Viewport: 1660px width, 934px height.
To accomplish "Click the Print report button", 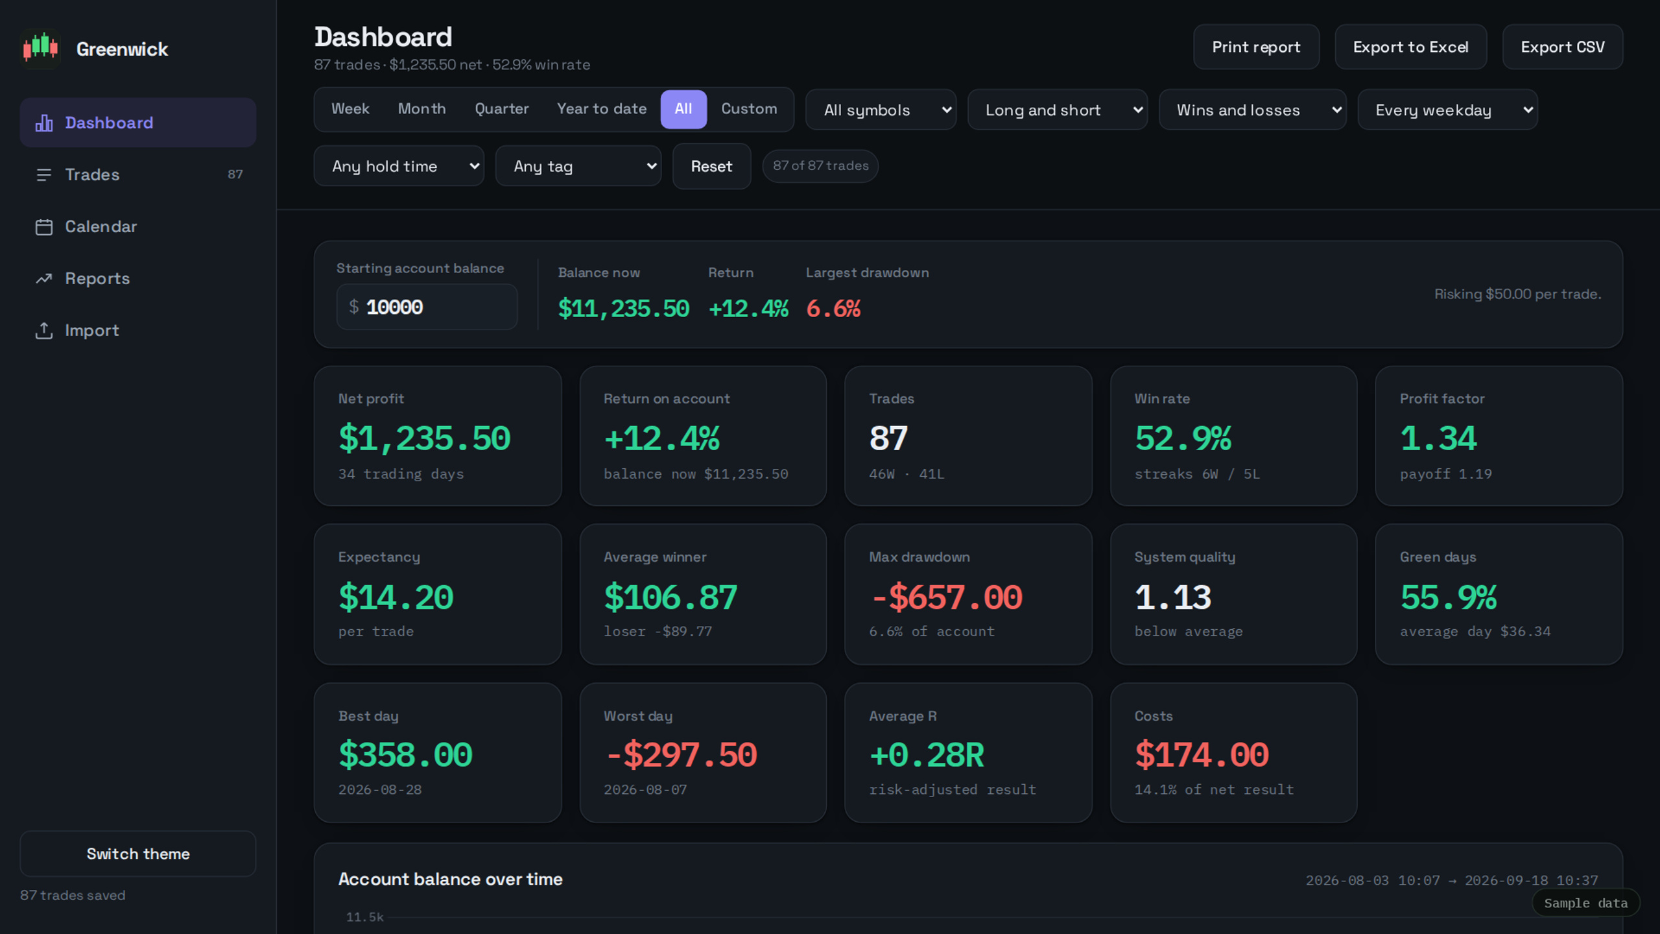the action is coord(1256,47).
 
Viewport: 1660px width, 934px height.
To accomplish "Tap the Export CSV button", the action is coord(1563,47).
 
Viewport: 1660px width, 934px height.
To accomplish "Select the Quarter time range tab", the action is coord(502,109).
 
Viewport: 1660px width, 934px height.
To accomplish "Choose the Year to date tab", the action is coord(602,109).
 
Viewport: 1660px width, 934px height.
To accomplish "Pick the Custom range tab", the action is coord(749,109).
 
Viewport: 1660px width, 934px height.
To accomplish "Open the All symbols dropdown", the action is coord(881,110).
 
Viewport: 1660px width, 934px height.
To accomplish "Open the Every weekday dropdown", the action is coord(1447,110).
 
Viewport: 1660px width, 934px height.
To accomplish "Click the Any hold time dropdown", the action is coord(399,166).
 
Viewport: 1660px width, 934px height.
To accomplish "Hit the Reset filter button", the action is coord(711,166).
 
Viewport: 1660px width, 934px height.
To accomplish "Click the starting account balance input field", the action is coord(427,307).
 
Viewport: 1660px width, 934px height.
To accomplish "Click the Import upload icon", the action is coord(44,330).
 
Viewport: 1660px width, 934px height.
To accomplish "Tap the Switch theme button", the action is coord(138,854).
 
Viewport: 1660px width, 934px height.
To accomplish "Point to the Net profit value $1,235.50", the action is coord(425,438).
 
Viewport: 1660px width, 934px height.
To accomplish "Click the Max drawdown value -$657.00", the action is coord(946,597).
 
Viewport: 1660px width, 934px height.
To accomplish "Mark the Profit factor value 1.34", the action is coord(1438,438).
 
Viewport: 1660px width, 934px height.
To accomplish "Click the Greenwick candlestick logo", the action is coord(41,48).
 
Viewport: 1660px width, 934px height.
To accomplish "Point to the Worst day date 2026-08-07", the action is coord(645,789).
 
